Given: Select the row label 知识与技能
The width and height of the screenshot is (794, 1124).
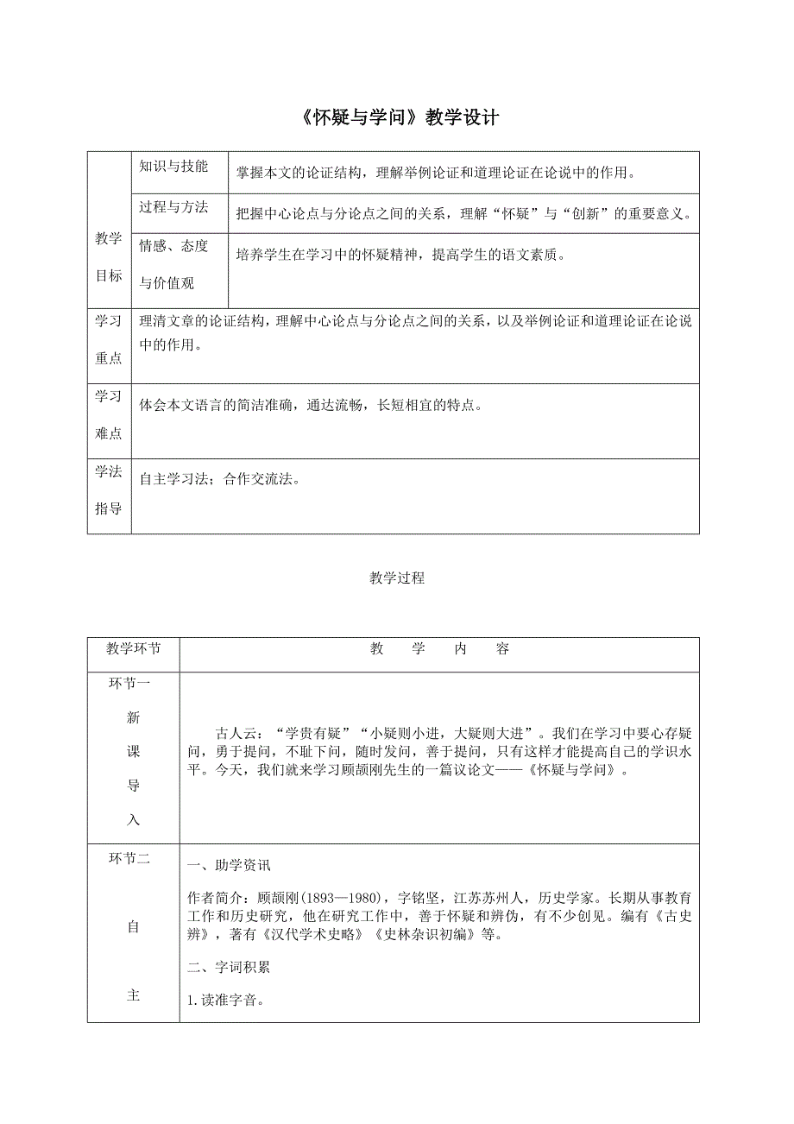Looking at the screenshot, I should coord(173,167).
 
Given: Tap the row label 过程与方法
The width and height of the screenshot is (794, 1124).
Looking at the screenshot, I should coord(173,206).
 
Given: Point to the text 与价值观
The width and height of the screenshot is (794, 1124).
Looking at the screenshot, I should coord(167,282).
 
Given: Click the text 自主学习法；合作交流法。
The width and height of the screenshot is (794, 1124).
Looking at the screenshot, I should coord(219,480).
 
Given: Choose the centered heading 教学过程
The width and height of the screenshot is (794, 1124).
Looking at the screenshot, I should coord(397,578).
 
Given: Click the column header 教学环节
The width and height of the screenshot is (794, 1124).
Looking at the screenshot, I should coord(133,649).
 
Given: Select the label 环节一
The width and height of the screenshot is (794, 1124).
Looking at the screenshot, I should coord(129,684).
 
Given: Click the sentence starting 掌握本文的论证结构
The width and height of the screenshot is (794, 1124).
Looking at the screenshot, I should coord(436,173).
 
